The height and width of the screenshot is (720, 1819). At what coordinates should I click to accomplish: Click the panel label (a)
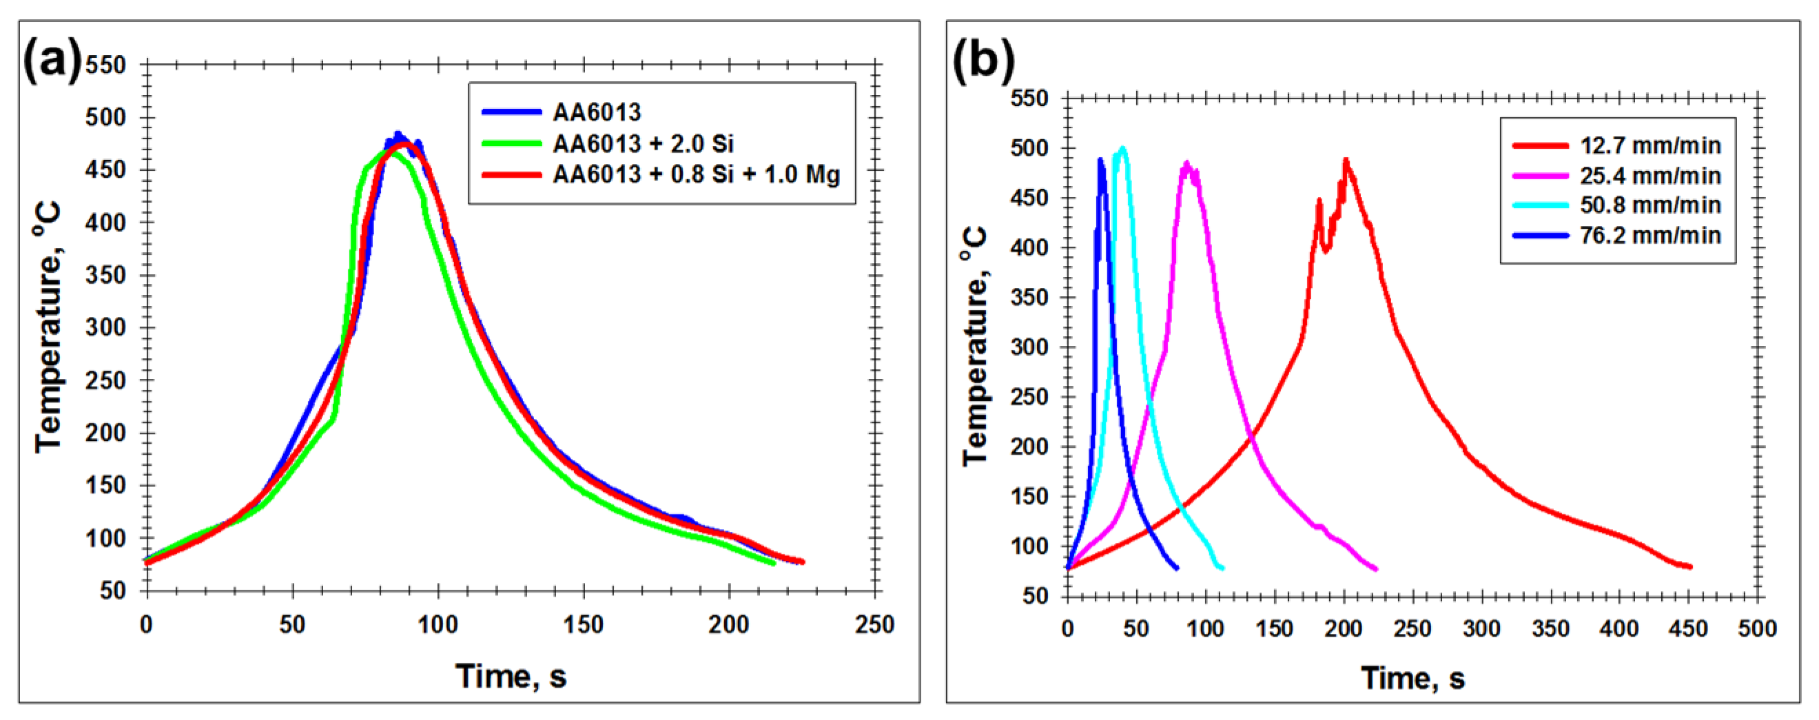(x=52, y=60)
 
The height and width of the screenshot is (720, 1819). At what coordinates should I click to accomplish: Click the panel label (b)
(x=983, y=60)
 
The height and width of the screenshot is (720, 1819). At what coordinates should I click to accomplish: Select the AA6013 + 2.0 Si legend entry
(x=643, y=143)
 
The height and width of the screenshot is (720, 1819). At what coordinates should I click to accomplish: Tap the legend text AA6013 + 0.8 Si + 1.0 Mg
(x=695, y=174)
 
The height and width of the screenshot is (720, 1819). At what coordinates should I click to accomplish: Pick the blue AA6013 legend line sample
(x=512, y=112)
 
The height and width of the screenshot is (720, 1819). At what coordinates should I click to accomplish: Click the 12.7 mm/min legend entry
(x=1650, y=145)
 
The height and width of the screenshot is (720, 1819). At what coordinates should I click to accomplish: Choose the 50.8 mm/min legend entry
(x=1650, y=205)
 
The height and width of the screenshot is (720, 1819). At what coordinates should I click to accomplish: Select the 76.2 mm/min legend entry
(x=1650, y=234)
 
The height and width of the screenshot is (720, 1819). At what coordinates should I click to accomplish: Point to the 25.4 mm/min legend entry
(x=1650, y=175)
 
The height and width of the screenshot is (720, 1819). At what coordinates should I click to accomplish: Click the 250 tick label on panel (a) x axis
(x=874, y=624)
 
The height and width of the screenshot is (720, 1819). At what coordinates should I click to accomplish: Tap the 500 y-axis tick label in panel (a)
(x=105, y=117)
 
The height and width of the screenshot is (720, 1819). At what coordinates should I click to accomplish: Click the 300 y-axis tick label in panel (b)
(x=1029, y=347)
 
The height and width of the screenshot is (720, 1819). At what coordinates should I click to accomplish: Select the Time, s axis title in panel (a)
(x=511, y=675)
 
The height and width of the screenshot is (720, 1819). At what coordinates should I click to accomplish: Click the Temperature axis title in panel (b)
(x=976, y=346)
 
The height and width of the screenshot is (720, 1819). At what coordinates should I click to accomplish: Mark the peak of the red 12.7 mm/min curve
(x=1346, y=161)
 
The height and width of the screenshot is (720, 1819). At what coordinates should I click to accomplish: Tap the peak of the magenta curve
(x=1187, y=163)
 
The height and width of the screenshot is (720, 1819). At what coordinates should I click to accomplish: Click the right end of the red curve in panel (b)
(x=1689, y=566)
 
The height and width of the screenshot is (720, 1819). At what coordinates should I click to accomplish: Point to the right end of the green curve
(x=774, y=563)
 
